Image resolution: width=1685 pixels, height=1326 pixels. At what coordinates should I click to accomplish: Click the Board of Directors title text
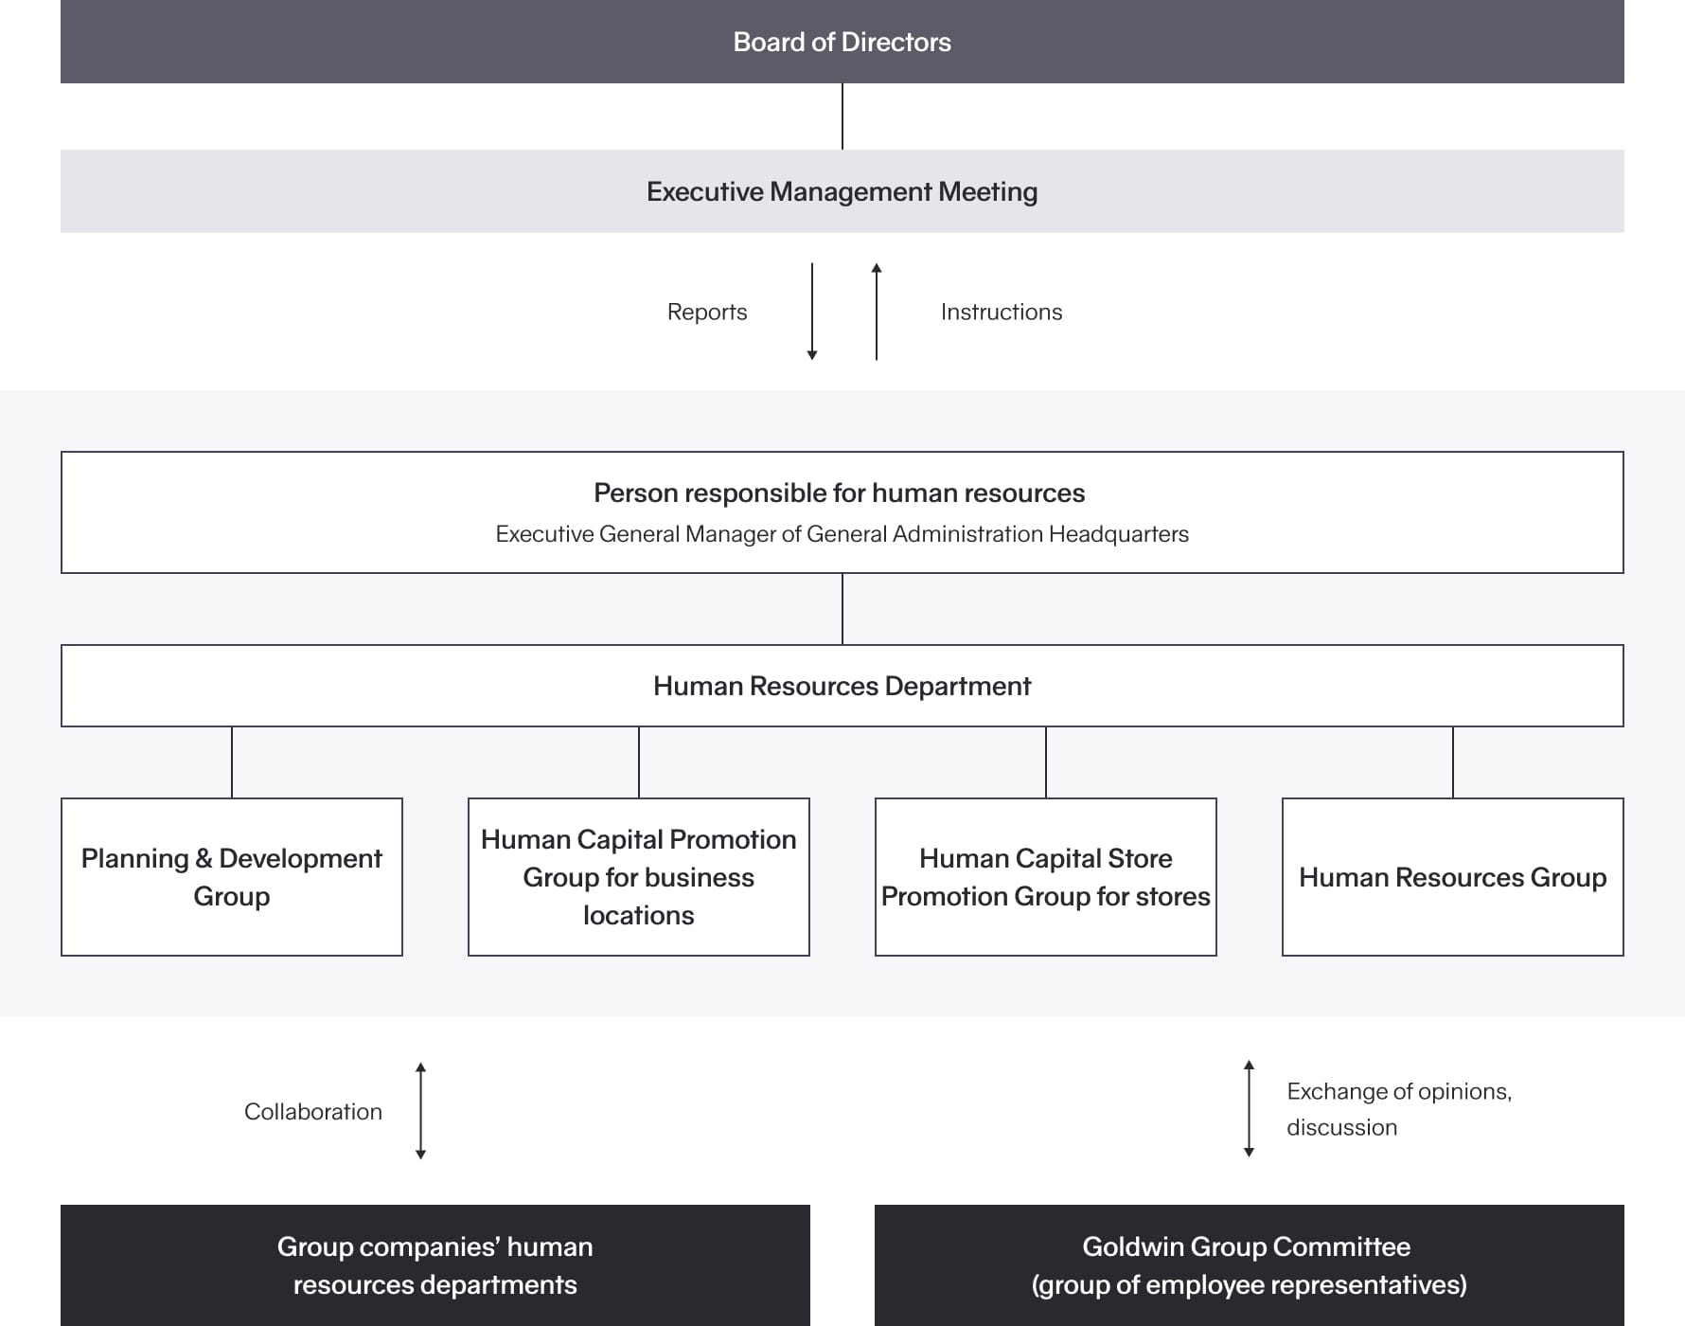tap(842, 42)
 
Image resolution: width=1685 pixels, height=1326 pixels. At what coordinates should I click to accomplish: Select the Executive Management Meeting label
tap(842, 191)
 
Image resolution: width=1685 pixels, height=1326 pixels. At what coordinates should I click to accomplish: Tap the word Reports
tap(706, 312)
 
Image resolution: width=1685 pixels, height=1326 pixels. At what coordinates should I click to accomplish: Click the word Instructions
tap(1001, 312)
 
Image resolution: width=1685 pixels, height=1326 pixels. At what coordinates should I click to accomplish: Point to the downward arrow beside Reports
tap(812, 312)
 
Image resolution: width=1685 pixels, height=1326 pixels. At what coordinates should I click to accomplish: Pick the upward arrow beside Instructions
tap(877, 312)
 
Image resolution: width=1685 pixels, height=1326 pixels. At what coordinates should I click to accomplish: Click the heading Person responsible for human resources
tap(839, 493)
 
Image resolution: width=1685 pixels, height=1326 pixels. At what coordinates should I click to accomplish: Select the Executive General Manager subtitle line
tap(842, 534)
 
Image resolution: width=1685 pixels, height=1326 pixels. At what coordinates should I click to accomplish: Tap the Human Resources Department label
tap(842, 686)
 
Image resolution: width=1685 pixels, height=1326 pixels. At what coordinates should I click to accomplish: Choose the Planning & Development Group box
tap(232, 877)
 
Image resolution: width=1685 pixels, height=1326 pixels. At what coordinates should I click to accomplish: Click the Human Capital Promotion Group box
tap(639, 877)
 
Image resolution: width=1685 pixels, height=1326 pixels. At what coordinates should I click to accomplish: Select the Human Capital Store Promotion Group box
tap(1046, 877)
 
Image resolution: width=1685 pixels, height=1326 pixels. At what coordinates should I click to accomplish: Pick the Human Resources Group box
tap(1452, 877)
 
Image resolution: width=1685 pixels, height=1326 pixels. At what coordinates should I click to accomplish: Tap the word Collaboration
tap(312, 1111)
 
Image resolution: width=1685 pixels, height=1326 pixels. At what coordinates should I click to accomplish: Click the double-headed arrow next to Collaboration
tap(421, 1111)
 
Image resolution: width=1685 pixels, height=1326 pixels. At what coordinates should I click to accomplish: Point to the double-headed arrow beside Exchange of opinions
tap(1249, 1109)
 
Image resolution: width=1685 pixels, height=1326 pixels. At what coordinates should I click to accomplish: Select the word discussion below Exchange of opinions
tap(1341, 1127)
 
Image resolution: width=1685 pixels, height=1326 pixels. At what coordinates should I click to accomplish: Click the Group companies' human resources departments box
tap(435, 1265)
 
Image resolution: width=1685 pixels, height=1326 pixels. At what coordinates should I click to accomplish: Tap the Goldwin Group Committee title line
tap(1246, 1246)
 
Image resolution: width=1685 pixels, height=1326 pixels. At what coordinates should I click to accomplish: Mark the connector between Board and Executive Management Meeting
tap(842, 116)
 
